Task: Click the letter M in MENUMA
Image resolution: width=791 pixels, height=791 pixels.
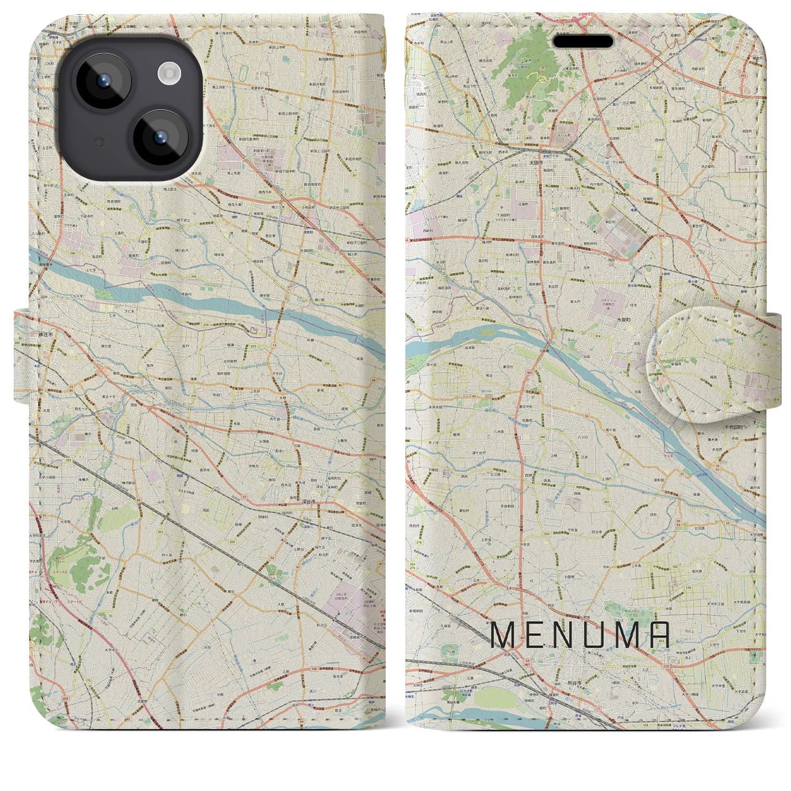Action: coord(502,635)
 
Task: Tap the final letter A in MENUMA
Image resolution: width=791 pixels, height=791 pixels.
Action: coord(659,635)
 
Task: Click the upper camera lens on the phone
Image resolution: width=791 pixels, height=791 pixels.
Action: coord(102,81)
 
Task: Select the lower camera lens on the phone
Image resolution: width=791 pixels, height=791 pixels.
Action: coord(159,137)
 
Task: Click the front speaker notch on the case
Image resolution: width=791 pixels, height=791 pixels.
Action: coord(583,41)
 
